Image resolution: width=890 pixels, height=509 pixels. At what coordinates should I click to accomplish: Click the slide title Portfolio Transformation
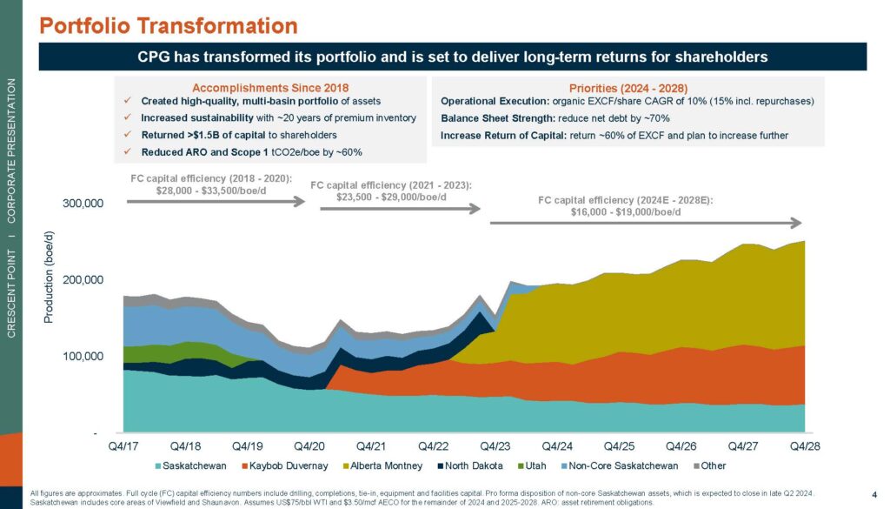[169, 24]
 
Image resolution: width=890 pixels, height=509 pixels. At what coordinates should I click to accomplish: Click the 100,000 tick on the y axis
[81, 357]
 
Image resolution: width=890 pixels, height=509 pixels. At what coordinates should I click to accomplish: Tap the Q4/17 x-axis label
[123, 446]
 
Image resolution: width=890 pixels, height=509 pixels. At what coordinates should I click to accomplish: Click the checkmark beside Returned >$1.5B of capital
[128, 136]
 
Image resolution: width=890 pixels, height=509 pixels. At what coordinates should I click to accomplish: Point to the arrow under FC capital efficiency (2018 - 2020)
[216, 201]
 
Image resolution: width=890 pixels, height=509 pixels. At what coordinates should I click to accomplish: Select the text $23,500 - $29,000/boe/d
[391, 197]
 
